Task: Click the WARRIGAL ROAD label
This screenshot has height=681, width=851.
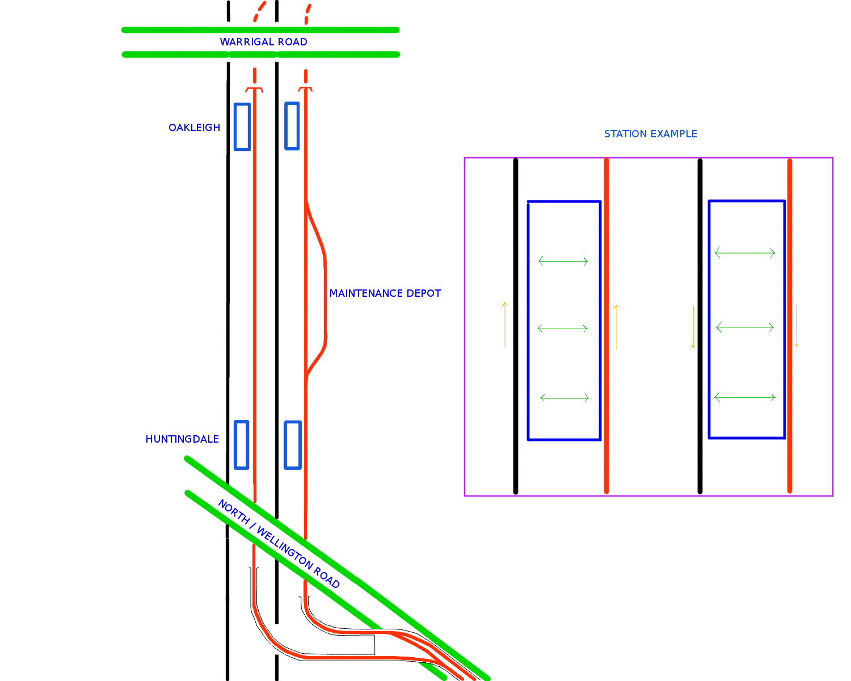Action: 263,42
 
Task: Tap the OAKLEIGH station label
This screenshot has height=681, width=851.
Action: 194,128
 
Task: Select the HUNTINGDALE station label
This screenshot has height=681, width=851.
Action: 182,439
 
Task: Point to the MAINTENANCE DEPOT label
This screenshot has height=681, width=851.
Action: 385,293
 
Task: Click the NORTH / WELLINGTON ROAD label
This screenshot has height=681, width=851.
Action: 279,544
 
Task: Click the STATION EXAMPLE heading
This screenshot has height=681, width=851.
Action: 650,134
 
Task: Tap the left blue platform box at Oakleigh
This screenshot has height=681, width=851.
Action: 242,127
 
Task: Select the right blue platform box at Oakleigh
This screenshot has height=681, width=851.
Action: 292,126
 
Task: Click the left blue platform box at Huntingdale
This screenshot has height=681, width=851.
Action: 242,445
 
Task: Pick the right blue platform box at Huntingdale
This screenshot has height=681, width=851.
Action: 292,445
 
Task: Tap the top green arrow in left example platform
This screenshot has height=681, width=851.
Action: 563,261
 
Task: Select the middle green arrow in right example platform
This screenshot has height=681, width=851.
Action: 745,327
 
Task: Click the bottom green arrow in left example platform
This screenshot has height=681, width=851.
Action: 564,398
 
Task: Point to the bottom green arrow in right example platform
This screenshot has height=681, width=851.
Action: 745,397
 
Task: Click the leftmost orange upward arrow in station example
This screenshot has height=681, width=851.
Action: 504,325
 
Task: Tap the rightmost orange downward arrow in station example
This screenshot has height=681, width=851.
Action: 796,326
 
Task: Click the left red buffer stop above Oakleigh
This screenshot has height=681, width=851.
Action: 254,89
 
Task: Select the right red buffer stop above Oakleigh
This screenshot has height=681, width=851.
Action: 306,89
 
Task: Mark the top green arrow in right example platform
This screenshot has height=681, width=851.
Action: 745,253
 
